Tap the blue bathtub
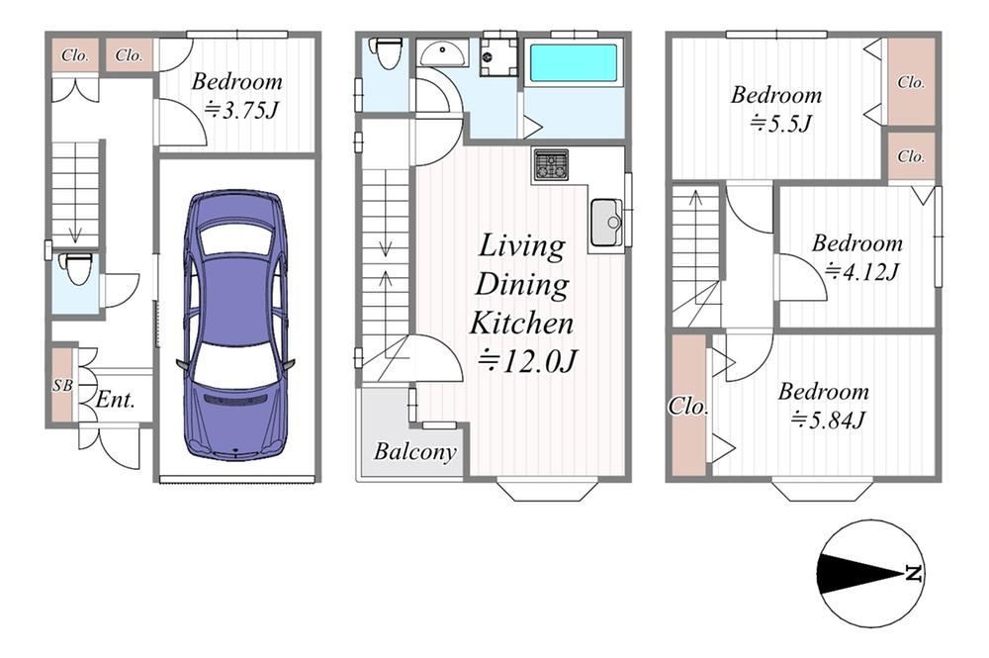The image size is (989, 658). click(573, 61)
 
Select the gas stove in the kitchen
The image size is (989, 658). click(551, 165)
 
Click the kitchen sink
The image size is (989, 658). click(606, 222)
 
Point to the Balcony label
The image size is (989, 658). click(414, 452)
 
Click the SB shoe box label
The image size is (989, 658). click(62, 384)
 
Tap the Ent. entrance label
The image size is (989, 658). click(116, 400)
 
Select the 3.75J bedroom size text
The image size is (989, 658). click(241, 111)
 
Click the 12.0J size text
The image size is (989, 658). click(527, 361)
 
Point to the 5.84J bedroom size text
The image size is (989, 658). click(828, 420)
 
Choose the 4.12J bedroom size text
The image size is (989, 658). click(861, 272)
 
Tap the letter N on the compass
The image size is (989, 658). click(913, 574)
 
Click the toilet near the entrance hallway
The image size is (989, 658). click(77, 269)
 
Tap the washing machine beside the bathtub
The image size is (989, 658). click(498, 56)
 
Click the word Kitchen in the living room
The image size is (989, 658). click(521, 323)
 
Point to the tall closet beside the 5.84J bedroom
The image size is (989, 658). click(688, 405)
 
